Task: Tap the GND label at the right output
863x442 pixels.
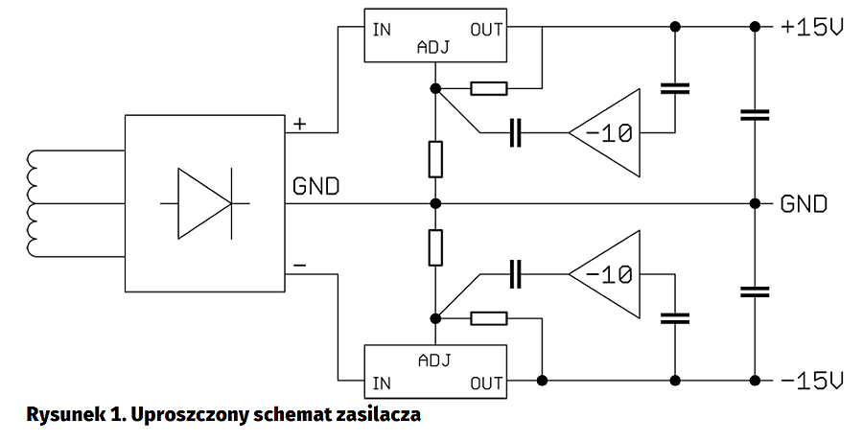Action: tap(804, 203)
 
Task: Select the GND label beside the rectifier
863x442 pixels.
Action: tap(315, 185)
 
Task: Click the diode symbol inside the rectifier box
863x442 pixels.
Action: tap(204, 203)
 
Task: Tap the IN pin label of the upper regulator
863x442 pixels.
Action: tap(382, 29)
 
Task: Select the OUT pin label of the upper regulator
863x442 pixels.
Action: tap(486, 29)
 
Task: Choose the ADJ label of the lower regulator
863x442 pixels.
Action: tap(434, 361)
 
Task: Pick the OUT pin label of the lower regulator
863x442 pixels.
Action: tap(486, 384)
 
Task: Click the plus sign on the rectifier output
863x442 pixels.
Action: tap(299, 124)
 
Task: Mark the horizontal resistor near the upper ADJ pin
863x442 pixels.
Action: tap(489, 89)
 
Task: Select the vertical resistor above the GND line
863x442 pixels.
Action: tap(435, 158)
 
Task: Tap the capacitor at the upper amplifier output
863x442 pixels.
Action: tap(675, 89)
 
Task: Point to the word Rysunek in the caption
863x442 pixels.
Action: tap(59, 415)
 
